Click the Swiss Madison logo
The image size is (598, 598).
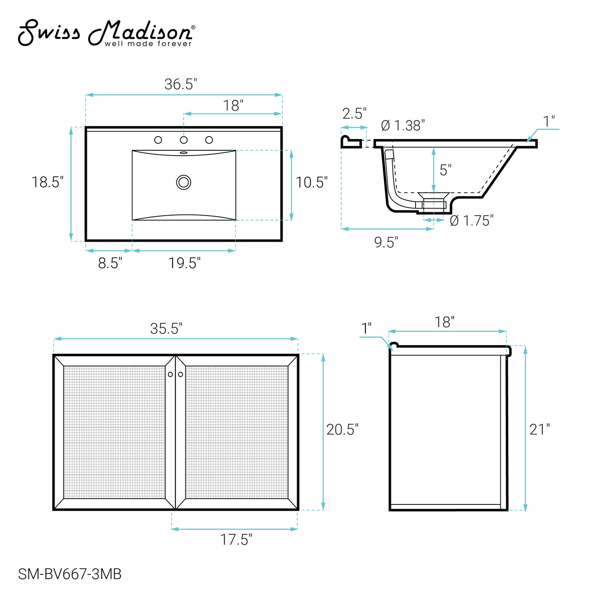(x=106, y=33)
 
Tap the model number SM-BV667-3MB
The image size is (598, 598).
(x=70, y=574)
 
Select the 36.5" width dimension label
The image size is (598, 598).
(x=180, y=84)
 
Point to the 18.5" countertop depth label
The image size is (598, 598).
(x=48, y=182)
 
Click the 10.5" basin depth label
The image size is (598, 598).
(x=312, y=183)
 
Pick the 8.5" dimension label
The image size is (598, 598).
(x=110, y=263)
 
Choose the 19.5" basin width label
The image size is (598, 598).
(x=184, y=263)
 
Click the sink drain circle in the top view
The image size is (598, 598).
(x=183, y=182)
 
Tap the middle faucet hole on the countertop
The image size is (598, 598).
(x=184, y=140)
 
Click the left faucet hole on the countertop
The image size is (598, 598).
(x=158, y=140)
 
